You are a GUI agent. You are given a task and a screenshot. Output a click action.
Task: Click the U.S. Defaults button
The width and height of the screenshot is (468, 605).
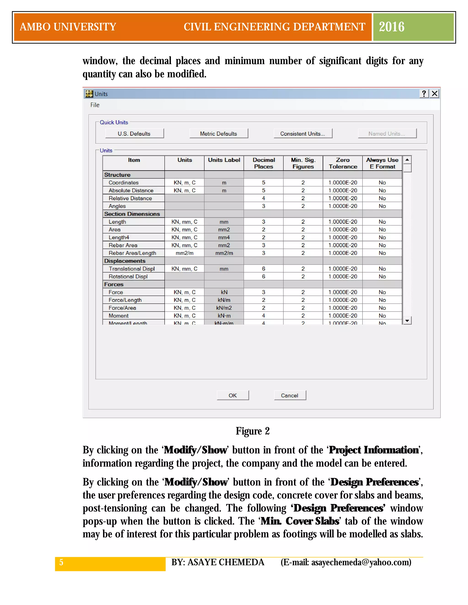[134, 134]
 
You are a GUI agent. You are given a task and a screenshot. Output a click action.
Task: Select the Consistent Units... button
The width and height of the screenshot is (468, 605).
[303, 134]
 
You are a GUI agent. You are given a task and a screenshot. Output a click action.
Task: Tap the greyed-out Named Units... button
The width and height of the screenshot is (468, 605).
[387, 134]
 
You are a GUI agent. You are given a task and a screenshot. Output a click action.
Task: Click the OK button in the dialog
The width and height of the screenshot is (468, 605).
[233, 395]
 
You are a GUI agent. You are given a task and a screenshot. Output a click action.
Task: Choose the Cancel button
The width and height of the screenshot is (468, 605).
[290, 395]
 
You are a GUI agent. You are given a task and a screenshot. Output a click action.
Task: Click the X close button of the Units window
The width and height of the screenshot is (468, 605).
[434, 94]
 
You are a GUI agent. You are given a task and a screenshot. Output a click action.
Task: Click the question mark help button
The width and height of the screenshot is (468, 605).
[424, 94]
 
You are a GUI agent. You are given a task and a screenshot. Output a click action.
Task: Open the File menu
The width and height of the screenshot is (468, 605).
[95, 105]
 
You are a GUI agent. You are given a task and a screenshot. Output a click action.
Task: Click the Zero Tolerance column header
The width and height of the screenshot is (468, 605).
[343, 163]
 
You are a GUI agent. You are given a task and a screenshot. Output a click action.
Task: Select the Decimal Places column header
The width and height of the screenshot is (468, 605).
[263, 163]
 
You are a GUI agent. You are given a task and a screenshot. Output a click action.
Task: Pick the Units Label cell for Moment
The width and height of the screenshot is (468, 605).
[224, 316]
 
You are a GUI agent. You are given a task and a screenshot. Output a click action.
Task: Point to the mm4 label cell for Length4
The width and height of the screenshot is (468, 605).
[224, 237]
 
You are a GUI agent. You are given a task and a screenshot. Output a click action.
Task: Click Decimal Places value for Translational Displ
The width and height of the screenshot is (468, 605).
[263, 269]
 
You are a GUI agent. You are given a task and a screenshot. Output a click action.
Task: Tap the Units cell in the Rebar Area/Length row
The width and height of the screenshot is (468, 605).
[184, 253]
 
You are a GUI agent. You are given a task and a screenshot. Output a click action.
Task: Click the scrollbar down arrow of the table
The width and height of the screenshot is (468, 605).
[407, 321]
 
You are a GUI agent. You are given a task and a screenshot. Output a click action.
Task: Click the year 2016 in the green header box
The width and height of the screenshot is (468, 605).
[391, 27]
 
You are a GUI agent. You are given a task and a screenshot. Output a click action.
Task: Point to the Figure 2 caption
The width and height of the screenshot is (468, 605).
[253, 431]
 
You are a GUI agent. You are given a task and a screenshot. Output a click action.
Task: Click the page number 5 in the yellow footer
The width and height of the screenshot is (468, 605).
[61, 562]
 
